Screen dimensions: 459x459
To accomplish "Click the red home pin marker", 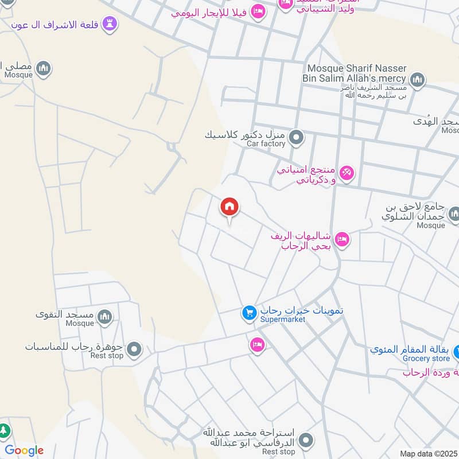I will click(x=230, y=207).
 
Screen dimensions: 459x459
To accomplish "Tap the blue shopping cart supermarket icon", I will click(x=248, y=313).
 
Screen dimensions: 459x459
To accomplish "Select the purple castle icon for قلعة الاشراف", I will click(x=110, y=24).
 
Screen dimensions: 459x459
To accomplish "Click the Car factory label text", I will click(x=266, y=143).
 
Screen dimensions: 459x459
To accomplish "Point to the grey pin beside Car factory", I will click(x=296, y=137).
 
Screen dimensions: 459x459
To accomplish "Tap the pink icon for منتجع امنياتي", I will click(x=347, y=172).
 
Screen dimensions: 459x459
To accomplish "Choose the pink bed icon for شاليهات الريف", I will click(x=342, y=239).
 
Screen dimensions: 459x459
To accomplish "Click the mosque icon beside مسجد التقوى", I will click(x=104, y=316).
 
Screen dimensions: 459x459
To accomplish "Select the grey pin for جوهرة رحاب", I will click(x=134, y=348).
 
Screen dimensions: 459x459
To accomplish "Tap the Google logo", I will click(x=24, y=450).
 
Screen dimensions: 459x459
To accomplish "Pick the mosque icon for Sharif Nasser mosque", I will click(x=417, y=79).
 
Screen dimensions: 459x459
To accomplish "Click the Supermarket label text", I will click(x=283, y=319).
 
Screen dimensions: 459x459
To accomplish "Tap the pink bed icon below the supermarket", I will click(x=257, y=345).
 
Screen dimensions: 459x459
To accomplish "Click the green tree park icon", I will click(x=4, y=430).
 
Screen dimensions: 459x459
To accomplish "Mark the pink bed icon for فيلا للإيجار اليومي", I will click(x=258, y=11).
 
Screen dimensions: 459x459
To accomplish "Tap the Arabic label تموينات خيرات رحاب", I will click(x=294, y=310).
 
